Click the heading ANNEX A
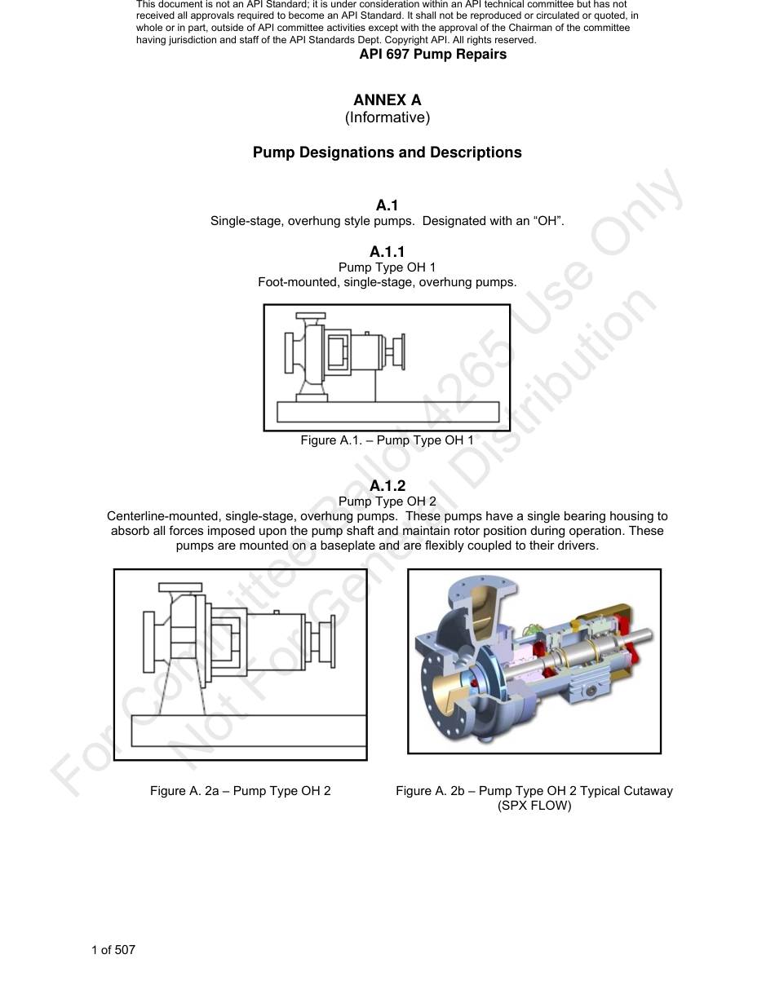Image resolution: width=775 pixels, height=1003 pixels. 387,100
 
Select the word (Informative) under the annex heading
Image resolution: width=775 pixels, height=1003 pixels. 387,117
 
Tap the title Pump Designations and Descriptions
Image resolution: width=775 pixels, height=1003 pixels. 387,152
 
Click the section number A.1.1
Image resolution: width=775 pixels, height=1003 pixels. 387,252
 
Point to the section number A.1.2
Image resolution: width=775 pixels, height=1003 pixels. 387,486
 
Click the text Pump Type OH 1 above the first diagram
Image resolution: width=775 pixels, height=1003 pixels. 387,267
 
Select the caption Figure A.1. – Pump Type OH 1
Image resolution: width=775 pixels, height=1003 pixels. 387,440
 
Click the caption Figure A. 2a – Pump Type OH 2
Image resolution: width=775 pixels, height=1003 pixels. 240,791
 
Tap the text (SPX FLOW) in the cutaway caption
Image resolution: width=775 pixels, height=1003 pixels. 534,806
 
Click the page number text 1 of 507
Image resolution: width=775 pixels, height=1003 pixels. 113,949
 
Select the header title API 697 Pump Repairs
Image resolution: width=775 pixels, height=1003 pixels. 432,55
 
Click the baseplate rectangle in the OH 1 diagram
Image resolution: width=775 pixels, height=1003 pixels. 387,412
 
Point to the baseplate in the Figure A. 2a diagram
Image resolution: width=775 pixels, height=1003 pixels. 249,730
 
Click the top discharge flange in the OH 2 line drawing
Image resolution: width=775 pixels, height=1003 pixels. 180,587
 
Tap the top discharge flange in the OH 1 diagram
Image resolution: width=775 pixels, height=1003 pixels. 310,316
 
